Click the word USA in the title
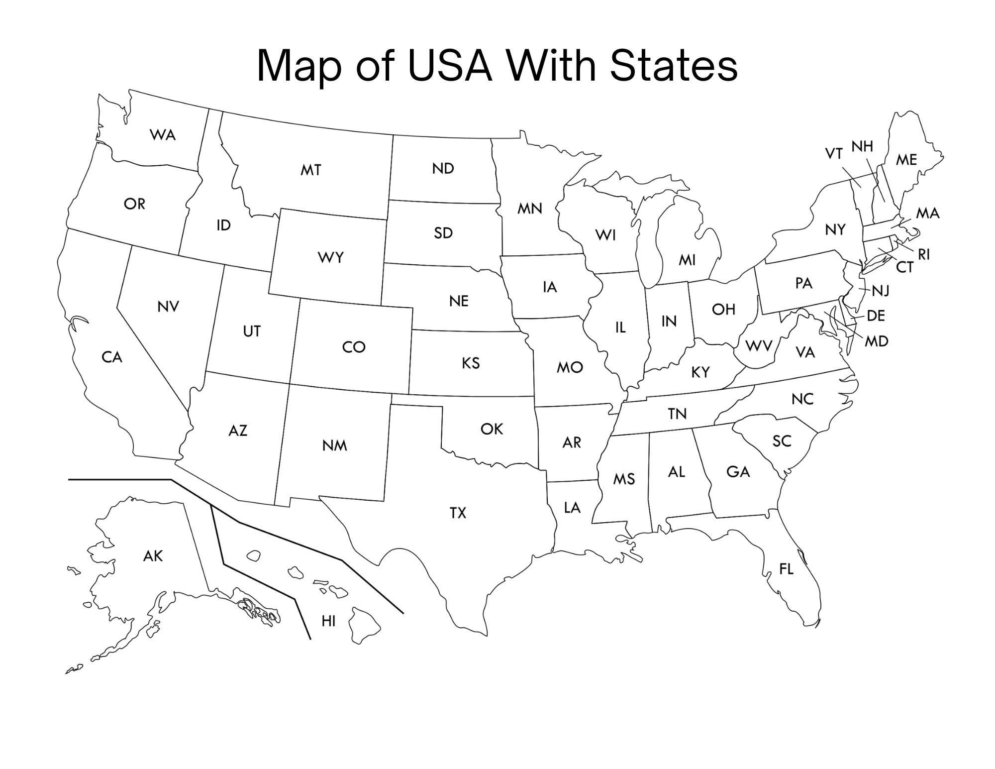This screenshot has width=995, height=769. pyautogui.click(x=450, y=66)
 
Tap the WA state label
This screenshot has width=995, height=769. pyautogui.click(x=163, y=135)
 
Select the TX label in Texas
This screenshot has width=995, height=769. pyautogui.click(x=458, y=513)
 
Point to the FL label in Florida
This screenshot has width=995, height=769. pyautogui.click(x=786, y=569)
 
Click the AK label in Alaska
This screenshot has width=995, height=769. pyautogui.click(x=153, y=556)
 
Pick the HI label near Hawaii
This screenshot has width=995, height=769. pyautogui.click(x=328, y=621)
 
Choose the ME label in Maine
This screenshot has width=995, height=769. pyautogui.click(x=906, y=160)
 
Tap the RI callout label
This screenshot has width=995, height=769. pyautogui.click(x=924, y=255)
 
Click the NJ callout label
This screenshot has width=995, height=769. pyautogui.click(x=881, y=291)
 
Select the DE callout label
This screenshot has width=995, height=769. pyautogui.click(x=876, y=316)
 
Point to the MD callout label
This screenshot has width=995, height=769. pyautogui.click(x=876, y=341)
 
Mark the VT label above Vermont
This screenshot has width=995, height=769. pyautogui.click(x=834, y=154)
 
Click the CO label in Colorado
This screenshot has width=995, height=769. pyautogui.click(x=354, y=347)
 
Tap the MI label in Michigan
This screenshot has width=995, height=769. pyautogui.click(x=687, y=260)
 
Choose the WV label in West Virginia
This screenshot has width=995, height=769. pyautogui.click(x=759, y=346)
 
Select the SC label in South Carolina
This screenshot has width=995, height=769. pyautogui.click(x=782, y=441)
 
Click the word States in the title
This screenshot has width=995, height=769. pyautogui.click(x=674, y=66)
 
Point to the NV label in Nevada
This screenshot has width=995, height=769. pyautogui.click(x=168, y=307)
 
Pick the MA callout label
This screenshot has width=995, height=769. pyautogui.click(x=928, y=214)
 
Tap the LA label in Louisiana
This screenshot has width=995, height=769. pyautogui.click(x=572, y=508)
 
